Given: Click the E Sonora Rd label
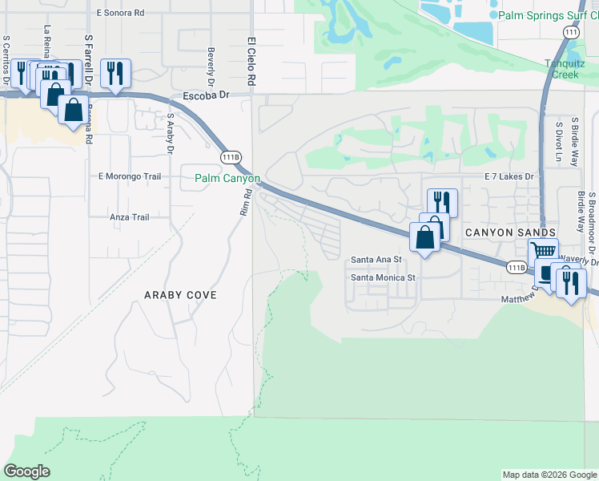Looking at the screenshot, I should click(120, 13).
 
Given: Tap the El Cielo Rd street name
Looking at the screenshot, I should click(251, 61).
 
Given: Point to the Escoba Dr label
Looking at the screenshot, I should click(207, 95).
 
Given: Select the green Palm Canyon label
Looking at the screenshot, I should click(228, 178).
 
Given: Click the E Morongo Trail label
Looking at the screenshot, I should click(130, 176).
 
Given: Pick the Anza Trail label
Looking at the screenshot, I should click(130, 216).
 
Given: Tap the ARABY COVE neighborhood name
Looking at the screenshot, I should click(180, 295).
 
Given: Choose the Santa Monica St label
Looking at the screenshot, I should click(385, 277).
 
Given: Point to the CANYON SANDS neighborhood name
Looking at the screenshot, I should click(511, 232).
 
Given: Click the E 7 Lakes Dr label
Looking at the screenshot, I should click(509, 176).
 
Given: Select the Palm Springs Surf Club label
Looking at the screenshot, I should click(548, 15).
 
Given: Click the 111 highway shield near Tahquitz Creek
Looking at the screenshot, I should click(570, 32).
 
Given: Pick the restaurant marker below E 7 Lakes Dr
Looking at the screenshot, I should click(442, 201).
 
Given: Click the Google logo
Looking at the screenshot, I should click(27, 471).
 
